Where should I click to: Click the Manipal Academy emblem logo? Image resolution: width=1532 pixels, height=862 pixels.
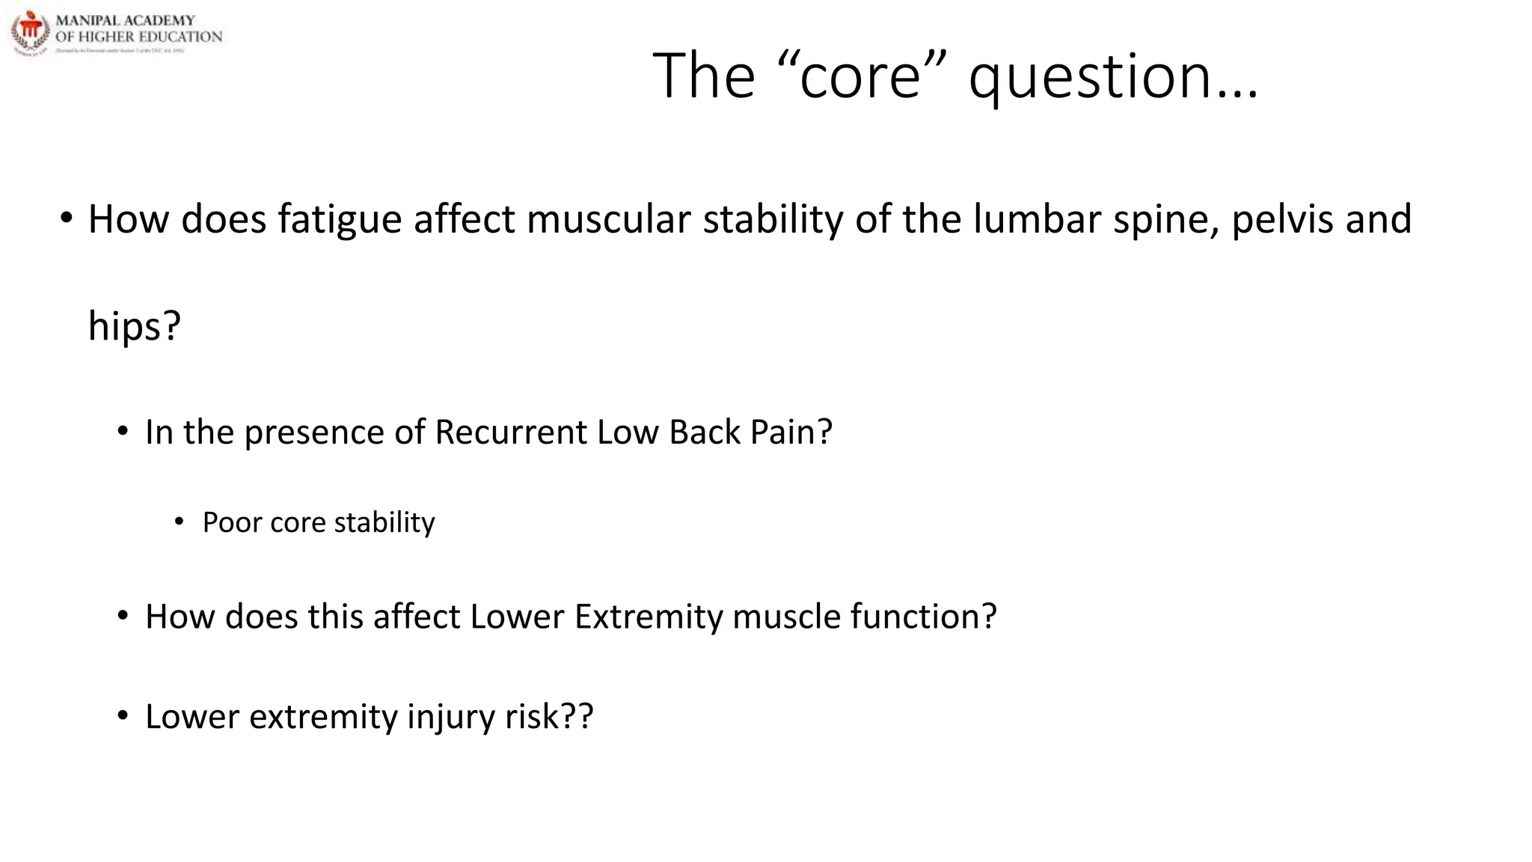pyautogui.click(x=31, y=32)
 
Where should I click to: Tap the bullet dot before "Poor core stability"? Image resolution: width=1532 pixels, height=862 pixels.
pyautogui.click(x=179, y=522)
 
